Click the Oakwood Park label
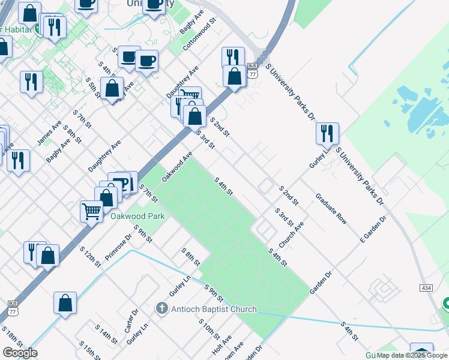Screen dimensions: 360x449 coord(137,216)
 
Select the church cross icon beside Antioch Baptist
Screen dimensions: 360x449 coord(161,309)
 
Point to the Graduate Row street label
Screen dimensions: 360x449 coord(331,209)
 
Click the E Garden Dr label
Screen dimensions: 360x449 coord(373,228)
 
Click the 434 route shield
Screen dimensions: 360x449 coord(426,289)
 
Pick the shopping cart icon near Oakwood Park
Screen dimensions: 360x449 coord(92,210)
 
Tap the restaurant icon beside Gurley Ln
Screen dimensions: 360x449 coord(327,133)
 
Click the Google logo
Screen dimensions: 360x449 coord(20,353)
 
